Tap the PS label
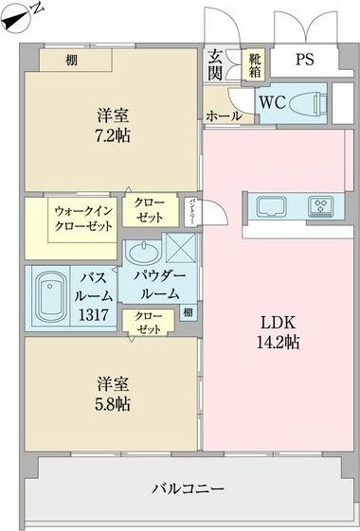click(x=303, y=60)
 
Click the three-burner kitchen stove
click(x=320, y=205)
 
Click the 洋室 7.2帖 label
click(x=113, y=126)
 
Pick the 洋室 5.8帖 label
click(x=113, y=394)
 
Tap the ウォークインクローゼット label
click(x=83, y=219)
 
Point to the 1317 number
click(x=92, y=315)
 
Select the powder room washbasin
click(x=142, y=254)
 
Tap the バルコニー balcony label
click(x=189, y=489)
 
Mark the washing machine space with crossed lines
click(x=179, y=248)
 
